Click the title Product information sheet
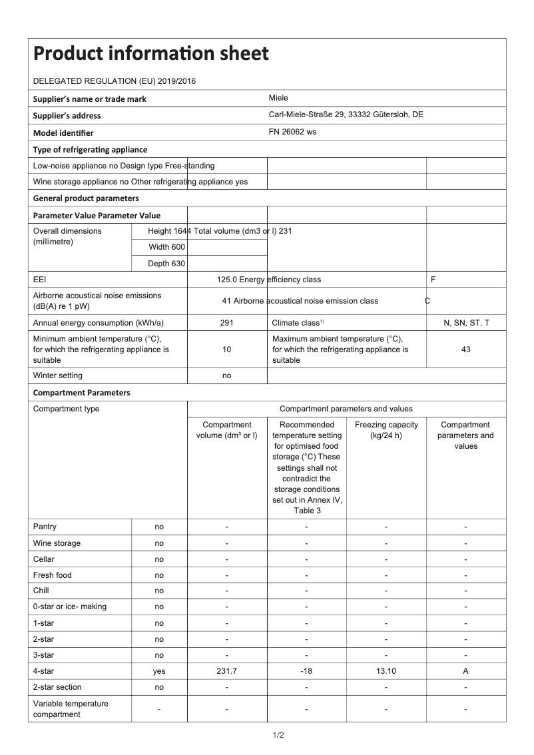coord(151,53)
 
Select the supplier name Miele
coord(278,98)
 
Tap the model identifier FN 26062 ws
coord(292,132)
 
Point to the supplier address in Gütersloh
coord(346,115)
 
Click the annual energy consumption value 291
coord(226,323)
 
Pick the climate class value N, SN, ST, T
coord(466,323)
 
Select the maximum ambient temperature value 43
coord(466,350)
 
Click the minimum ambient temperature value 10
coord(226,350)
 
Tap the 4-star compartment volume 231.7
coord(226,671)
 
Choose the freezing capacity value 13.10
coord(386,671)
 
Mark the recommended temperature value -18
coord(306,671)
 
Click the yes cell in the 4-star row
coord(159,671)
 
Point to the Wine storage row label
coord(57,543)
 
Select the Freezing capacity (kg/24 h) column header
coord(386,430)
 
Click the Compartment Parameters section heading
coord(81,393)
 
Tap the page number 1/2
coord(278,735)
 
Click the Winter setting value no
coord(226,376)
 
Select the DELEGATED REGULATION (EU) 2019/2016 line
coord(114,81)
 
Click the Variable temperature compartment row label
coord(71,709)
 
